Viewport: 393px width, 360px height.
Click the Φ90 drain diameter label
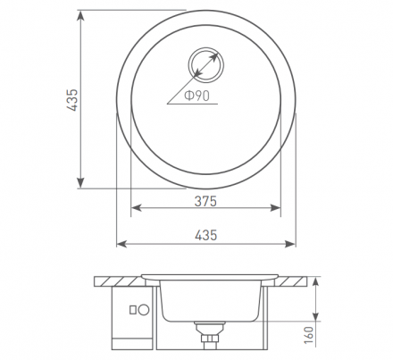(197, 96)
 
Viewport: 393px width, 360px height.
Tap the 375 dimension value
(205, 201)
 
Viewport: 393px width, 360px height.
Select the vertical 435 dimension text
(72, 100)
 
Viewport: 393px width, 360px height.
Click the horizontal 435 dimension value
(206, 235)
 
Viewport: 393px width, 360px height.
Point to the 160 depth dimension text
(309, 335)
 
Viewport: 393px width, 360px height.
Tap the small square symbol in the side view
(133, 310)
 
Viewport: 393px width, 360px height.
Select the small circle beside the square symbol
(144, 310)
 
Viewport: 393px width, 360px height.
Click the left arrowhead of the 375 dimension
(136, 208)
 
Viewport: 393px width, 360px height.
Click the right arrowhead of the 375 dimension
(275, 208)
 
